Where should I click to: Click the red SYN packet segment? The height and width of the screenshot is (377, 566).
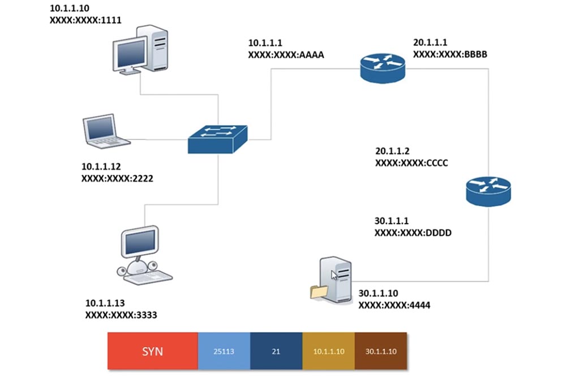[153, 352]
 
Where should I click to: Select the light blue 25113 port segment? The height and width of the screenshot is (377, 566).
[224, 352]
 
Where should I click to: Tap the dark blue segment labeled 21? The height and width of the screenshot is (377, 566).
[276, 352]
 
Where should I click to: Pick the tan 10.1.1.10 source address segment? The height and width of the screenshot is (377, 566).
[328, 352]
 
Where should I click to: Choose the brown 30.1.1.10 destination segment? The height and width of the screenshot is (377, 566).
[380, 352]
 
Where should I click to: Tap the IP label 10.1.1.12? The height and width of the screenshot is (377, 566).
[108, 167]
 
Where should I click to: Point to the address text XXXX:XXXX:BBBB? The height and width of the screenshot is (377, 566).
[451, 55]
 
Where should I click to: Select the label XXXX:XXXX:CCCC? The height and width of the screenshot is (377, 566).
[411, 162]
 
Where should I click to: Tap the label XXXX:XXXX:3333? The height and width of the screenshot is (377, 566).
[121, 314]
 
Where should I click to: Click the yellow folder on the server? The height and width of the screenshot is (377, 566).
[319, 291]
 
